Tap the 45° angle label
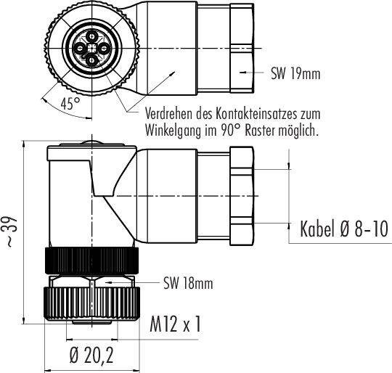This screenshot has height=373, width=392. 70,103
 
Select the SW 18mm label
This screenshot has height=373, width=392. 188,283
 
